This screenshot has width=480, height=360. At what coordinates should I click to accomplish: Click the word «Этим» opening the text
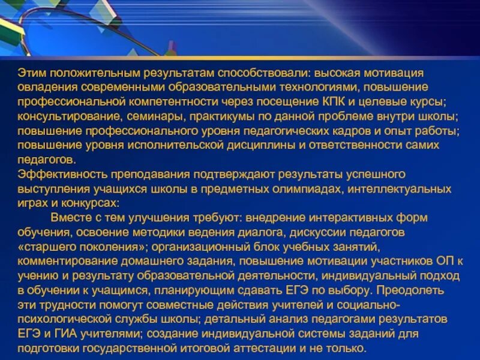pos(30,73)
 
